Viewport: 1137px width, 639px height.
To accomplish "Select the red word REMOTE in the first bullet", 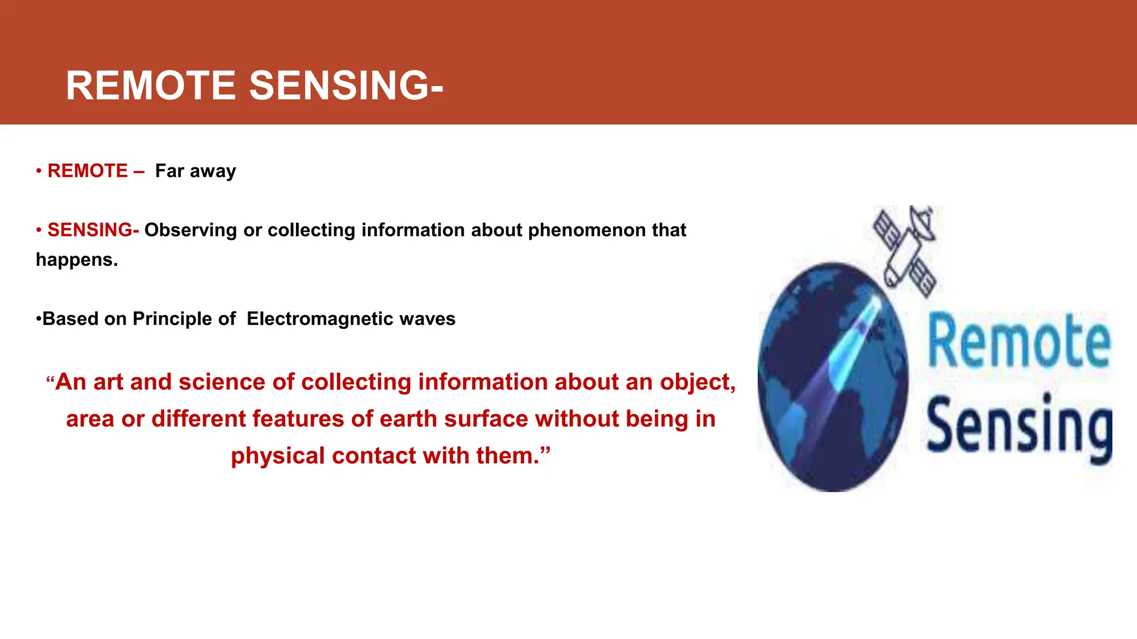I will pos(88,171).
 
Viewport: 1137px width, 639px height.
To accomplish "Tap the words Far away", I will pos(195,171).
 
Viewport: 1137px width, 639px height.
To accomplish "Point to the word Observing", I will pos(190,230).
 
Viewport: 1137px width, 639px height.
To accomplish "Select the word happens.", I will pos(76,260).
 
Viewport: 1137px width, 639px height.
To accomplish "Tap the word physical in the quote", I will pos(278,456).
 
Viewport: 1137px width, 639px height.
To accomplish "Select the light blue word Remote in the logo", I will pos(1019,341).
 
